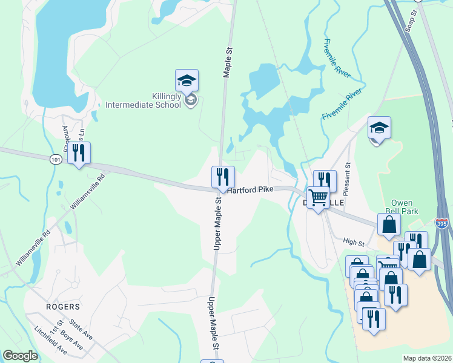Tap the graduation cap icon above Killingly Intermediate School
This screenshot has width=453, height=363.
pos(187,80)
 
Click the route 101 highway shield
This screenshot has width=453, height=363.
pos(56,159)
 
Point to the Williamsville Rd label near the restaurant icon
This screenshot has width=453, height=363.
pos(87,191)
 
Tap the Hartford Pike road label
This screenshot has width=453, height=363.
pos(250,189)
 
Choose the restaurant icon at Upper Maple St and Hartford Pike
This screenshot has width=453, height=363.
pos(223,177)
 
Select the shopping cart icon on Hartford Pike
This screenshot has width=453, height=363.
pos(317,197)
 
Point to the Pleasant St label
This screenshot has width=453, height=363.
pos(348,173)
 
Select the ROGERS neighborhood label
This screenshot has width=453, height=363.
pos(62,307)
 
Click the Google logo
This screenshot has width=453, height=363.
pos(20,355)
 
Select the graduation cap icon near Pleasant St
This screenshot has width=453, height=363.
pos(379,128)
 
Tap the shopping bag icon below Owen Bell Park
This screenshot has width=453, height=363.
pos(389,224)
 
